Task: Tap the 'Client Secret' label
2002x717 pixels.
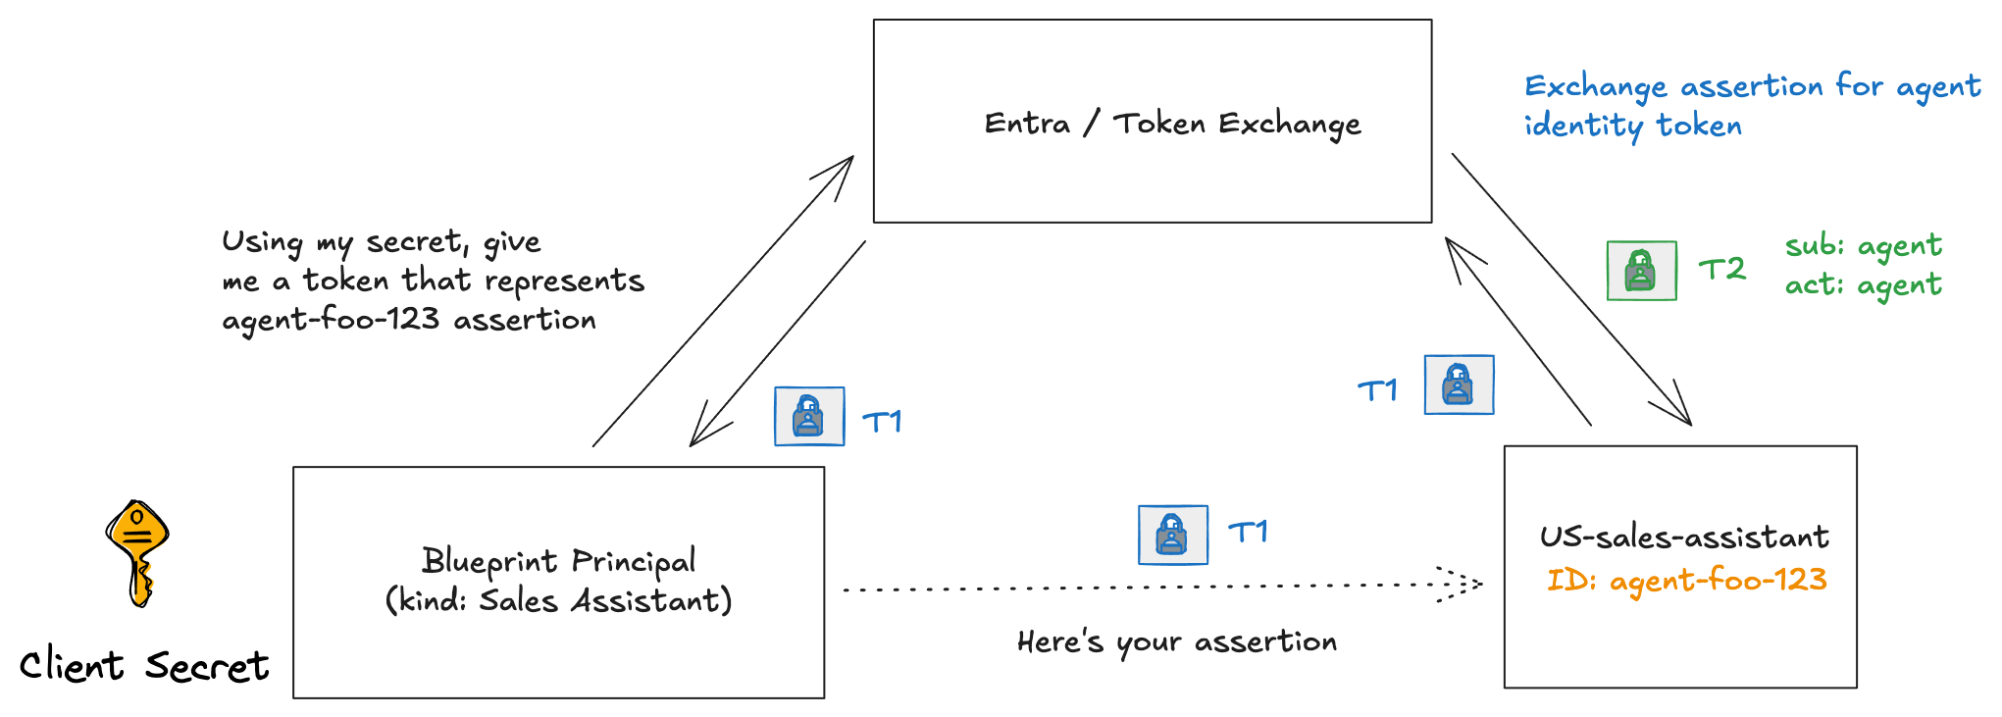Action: click(x=143, y=666)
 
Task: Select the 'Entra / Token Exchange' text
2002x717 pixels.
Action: click(x=1172, y=124)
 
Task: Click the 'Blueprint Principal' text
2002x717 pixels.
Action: click(x=558, y=560)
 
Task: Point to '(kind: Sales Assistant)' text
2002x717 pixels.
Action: click(x=558, y=600)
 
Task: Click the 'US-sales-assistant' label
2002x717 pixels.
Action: click(x=1683, y=537)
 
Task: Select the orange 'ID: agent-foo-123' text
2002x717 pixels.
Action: click(x=1686, y=580)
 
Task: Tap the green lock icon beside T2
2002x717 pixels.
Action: click(x=1641, y=271)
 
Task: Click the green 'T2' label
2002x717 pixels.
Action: click(x=1721, y=269)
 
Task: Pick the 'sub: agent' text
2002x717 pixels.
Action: click(x=1863, y=245)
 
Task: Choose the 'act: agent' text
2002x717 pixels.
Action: click(x=1863, y=284)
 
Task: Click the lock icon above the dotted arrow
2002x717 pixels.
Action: click(x=1172, y=535)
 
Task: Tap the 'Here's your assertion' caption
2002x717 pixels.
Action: click(x=1176, y=641)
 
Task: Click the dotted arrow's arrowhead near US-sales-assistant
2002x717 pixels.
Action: click(x=1465, y=584)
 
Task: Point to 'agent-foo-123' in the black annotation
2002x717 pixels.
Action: click(x=331, y=320)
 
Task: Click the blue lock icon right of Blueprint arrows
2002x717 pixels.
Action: click(x=809, y=416)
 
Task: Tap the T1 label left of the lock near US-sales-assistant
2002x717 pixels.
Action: click(x=1377, y=390)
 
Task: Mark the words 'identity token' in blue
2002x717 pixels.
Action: click(x=1632, y=126)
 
